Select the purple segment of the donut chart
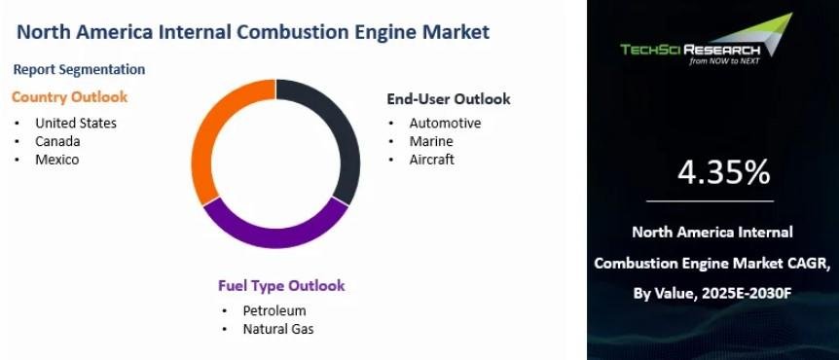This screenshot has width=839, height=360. point(275,235)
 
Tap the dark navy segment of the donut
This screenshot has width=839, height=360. point(343,133)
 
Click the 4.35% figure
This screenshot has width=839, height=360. point(723,173)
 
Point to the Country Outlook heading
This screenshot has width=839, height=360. point(69,97)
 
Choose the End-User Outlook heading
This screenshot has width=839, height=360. point(449,99)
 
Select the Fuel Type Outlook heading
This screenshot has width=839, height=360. point(281,286)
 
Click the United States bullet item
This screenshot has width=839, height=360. point(76,123)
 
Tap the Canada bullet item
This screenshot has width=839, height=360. point(57,141)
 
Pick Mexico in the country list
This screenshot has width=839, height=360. point(56,160)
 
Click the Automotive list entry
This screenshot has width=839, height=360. point(445,123)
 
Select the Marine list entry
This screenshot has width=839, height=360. point(431,141)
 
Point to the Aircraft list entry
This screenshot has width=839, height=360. point(432,160)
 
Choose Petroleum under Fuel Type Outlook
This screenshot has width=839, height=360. point(274,310)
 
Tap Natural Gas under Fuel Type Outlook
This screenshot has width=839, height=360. point(278,329)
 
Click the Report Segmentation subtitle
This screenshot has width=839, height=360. point(79,69)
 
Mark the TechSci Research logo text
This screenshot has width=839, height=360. point(690,50)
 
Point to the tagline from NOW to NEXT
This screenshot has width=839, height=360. point(724,61)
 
